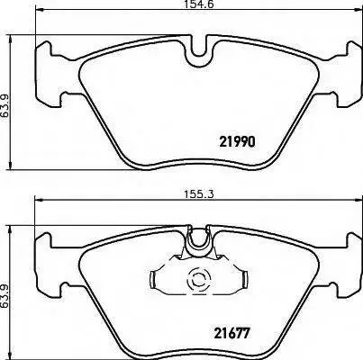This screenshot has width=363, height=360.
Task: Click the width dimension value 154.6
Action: [x=199, y=4]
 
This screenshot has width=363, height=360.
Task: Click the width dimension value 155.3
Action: [x=199, y=194]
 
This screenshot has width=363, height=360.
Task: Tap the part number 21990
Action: [x=238, y=141]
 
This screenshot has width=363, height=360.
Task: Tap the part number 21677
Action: [x=231, y=333]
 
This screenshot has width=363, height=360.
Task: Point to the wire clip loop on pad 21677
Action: [x=198, y=239]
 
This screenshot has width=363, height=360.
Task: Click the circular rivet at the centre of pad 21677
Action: [x=196, y=281]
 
